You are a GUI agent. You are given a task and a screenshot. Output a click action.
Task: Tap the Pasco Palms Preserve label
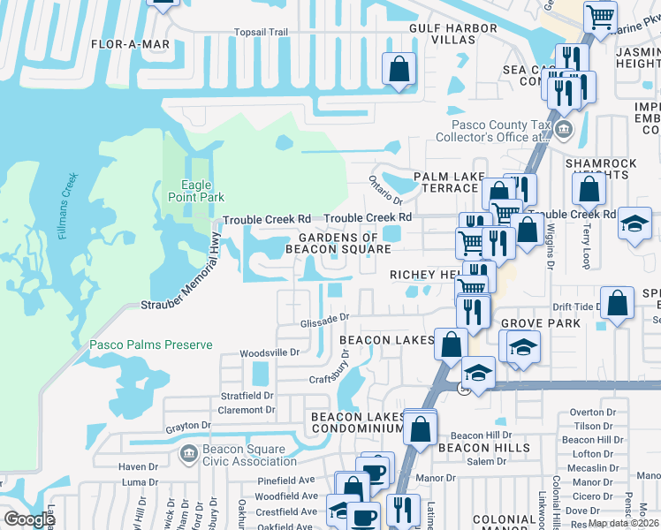151,344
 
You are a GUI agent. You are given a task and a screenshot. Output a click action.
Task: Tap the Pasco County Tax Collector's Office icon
564,131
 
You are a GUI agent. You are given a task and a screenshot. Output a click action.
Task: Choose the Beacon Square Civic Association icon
187,454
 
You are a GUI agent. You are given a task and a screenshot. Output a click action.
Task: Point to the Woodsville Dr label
270,352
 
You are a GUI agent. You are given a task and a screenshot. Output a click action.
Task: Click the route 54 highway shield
463,388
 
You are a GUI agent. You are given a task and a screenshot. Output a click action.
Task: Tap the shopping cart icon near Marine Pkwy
601,15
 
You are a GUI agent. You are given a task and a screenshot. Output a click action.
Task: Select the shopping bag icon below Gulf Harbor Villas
399,67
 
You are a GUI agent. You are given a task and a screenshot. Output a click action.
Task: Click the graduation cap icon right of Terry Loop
634,222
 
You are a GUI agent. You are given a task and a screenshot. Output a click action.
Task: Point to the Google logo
29,520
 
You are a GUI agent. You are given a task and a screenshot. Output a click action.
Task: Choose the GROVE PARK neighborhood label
540,324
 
